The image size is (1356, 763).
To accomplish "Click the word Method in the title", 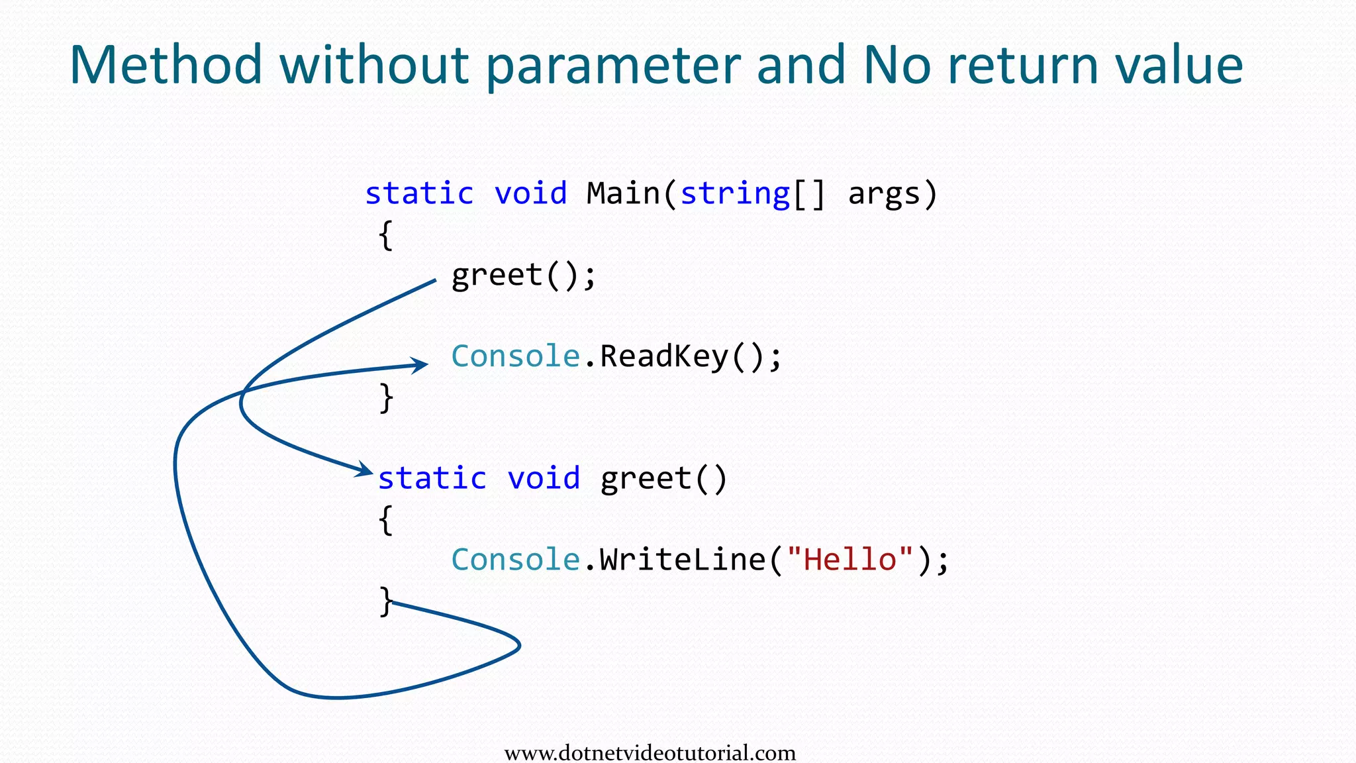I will (166, 65).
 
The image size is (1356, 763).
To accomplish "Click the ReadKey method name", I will (664, 356).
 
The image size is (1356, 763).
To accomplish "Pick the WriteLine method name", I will (683, 560).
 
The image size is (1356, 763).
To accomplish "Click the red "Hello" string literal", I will (850, 560).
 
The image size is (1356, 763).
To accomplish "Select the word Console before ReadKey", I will (516, 356).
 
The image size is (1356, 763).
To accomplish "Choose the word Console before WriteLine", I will (516, 560).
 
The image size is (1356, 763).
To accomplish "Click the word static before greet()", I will (432, 478).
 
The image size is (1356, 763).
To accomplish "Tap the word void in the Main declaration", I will (530, 193).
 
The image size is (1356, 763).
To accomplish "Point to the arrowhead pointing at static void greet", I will (364, 470).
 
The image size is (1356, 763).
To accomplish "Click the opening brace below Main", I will (386, 235).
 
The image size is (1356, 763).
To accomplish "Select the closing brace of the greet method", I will (386, 601).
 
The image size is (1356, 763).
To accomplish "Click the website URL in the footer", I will (650, 753).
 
